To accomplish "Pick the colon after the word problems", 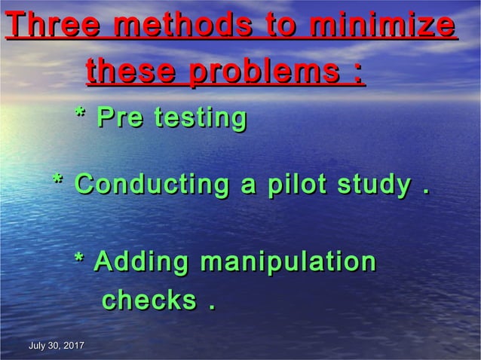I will pos(354,75).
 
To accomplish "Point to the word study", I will pos(374,185).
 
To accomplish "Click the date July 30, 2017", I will pos(56,346).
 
